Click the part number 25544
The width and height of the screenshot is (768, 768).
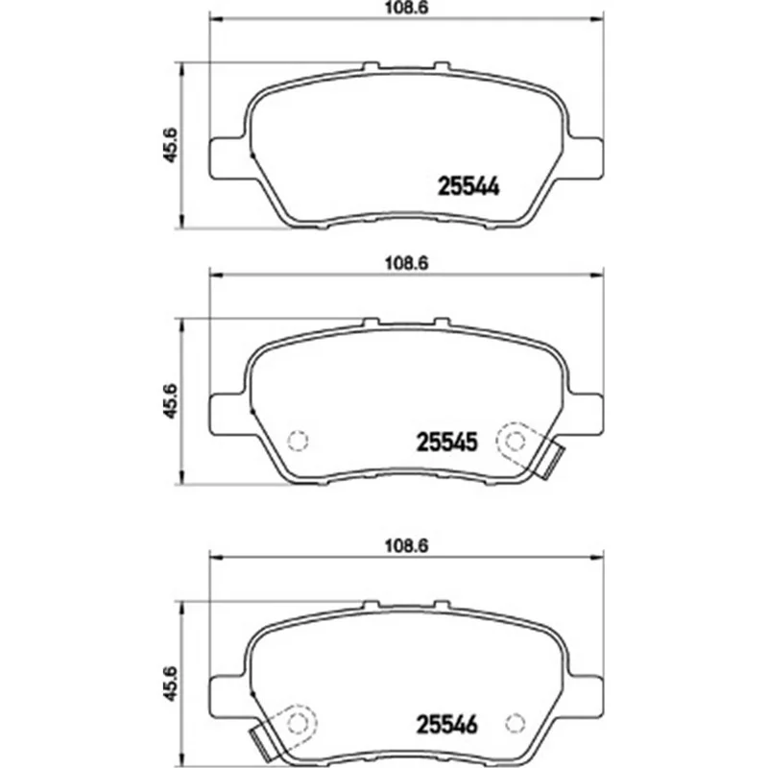point(468,186)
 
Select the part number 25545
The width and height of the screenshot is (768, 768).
point(446,443)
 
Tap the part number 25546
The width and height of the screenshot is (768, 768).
point(446,725)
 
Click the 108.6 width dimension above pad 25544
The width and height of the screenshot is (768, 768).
point(406,9)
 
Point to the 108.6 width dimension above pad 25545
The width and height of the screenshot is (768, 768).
point(406,263)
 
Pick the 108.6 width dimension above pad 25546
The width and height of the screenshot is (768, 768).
point(406,545)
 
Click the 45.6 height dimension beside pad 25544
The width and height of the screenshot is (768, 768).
point(170,145)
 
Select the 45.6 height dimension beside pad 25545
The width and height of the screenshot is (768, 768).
point(170,401)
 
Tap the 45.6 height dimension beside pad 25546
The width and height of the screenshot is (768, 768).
point(170,684)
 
